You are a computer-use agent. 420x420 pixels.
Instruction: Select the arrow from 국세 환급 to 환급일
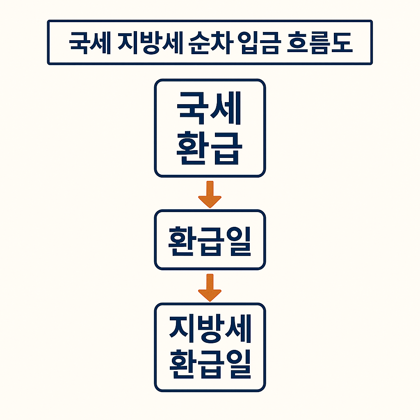pos(210,194)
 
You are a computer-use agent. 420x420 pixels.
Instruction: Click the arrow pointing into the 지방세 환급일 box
pos(210,287)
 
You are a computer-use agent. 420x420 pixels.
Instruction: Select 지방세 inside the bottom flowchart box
pos(210,330)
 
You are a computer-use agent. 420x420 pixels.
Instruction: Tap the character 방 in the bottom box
pos(210,330)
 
